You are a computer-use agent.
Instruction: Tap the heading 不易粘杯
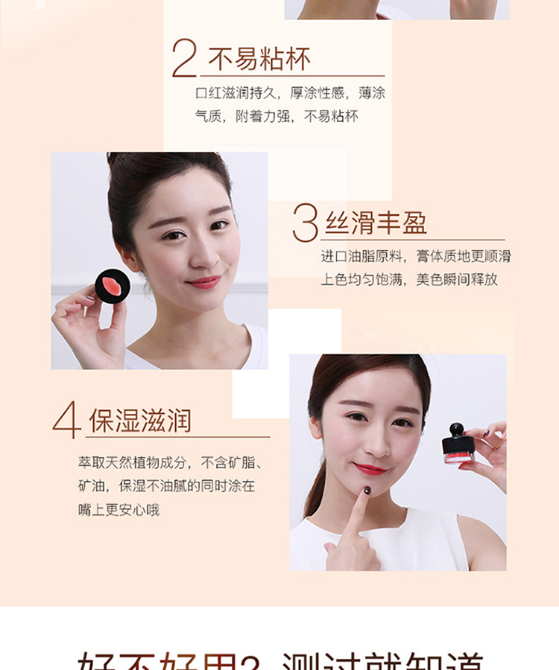[259, 59]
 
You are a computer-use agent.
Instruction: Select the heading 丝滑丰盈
[376, 223]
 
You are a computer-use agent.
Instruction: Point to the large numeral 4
[66, 420]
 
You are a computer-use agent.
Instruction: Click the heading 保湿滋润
[140, 421]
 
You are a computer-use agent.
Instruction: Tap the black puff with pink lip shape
[113, 286]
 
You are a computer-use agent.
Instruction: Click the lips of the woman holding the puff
[203, 282]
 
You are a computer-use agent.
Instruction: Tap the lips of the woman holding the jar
[370, 469]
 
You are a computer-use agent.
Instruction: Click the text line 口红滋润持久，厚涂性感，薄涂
[290, 93]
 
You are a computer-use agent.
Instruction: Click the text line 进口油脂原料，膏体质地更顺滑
[416, 256]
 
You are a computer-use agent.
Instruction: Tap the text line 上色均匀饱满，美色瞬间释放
[409, 279]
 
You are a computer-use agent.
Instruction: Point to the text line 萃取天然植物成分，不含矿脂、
[171, 462]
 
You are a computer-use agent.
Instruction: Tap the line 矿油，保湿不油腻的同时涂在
[166, 486]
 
